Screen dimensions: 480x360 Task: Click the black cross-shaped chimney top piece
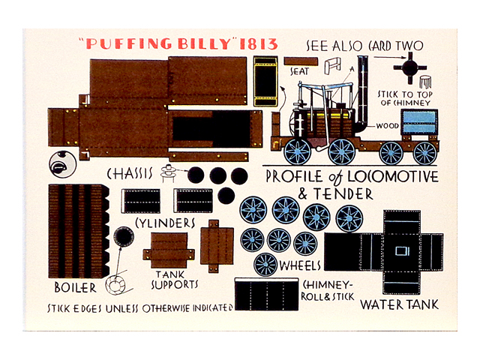pos(410,68)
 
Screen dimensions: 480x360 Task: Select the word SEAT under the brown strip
pos(299,72)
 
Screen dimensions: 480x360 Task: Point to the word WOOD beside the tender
pos(387,126)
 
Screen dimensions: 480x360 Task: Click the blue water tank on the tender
pos(419,121)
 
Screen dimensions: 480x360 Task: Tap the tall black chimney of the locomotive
pos(362,91)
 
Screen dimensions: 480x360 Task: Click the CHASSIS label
pos(130,174)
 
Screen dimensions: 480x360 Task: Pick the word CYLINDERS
pos(165,223)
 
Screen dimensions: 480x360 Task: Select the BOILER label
pos(75,288)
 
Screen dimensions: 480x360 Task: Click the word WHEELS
pos(300,265)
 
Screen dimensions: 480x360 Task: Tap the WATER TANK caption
pos(399,305)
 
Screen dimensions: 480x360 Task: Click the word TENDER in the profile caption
pos(343,194)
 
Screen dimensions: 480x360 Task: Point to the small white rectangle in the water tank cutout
pos(402,251)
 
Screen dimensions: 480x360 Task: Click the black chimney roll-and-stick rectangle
pos(266,294)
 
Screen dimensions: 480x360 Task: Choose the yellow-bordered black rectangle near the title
pos(265,81)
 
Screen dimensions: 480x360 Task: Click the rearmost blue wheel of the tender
pos(424,153)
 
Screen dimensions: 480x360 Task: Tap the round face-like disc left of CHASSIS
pos(62,164)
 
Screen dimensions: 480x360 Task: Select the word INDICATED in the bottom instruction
pos(212,308)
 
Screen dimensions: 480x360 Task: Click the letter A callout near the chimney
pos(352,69)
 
